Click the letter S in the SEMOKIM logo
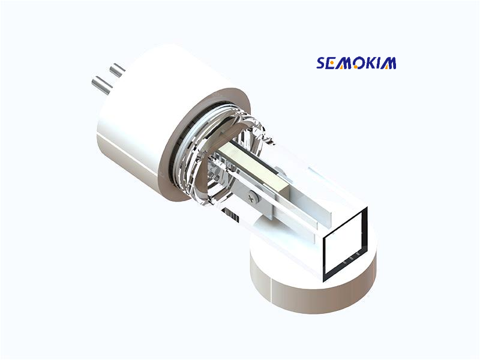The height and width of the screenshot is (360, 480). (322, 63)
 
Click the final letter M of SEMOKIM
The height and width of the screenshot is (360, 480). (390, 63)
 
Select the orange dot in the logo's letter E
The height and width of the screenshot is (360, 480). (333, 63)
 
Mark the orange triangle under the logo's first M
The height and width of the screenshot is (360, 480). (345, 66)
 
